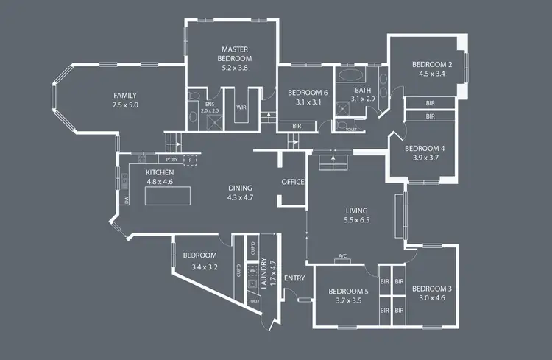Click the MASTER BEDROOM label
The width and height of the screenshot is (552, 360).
click(x=236, y=53)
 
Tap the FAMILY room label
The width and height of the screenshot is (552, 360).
click(x=125, y=96)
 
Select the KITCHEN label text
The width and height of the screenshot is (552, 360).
click(x=160, y=172)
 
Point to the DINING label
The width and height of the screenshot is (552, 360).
click(x=239, y=188)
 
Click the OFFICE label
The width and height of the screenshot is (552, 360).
click(x=292, y=182)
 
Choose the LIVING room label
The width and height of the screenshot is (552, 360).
click(x=356, y=210)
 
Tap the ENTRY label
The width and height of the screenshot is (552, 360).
click(x=294, y=278)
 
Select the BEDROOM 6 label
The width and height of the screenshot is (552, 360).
click(x=308, y=93)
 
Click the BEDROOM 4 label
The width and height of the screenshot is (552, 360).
click(x=425, y=147)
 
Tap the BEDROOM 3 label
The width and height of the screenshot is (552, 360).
click(x=432, y=288)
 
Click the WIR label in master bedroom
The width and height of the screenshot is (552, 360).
click(x=241, y=107)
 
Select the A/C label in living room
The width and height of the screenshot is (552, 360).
click(x=342, y=257)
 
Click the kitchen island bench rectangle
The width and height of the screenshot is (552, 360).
click(x=169, y=197)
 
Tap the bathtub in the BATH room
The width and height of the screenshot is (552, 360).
click(x=351, y=75)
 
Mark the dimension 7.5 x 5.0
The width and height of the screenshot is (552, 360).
click(x=125, y=105)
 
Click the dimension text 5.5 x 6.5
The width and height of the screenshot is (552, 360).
click(x=356, y=219)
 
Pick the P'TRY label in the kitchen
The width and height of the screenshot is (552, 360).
click(x=171, y=160)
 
